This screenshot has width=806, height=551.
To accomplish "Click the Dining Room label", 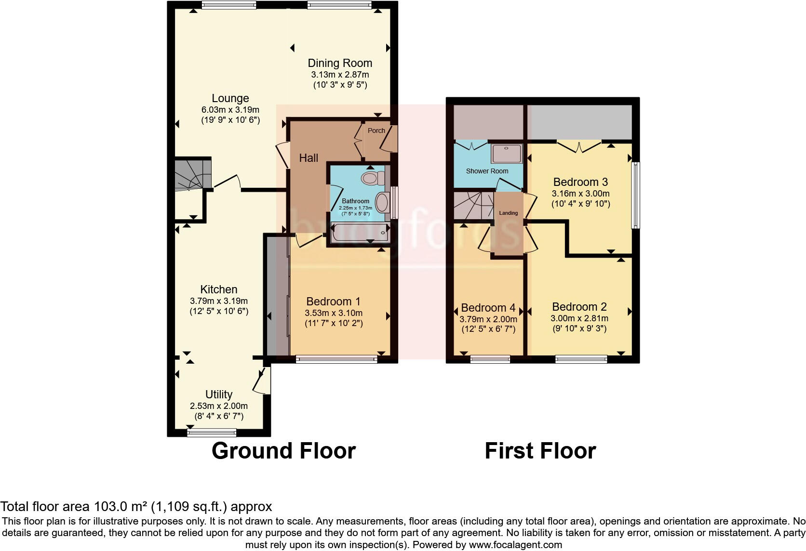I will [x=340, y=63].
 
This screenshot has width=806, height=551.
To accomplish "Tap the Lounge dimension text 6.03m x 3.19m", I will [x=230, y=110].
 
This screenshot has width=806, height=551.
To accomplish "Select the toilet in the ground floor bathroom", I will [x=371, y=178].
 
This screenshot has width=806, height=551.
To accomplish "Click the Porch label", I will [x=376, y=131].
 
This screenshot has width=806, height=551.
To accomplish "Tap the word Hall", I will [x=309, y=158].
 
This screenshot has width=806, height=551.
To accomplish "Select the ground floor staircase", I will [x=192, y=174].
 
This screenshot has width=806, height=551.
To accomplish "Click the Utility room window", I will [x=212, y=433].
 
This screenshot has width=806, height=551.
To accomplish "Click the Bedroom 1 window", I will [x=336, y=359].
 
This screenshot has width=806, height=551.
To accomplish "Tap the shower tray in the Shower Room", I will [x=506, y=154].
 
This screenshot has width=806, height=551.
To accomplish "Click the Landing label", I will [x=508, y=213].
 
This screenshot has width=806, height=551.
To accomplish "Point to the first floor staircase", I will [x=473, y=205].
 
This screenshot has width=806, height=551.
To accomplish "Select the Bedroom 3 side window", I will [x=636, y=195].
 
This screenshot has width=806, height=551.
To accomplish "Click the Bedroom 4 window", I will [x=490, y=359].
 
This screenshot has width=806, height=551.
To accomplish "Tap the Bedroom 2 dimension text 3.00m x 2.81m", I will [x=579, y=318].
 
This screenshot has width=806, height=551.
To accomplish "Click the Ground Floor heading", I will [x=283, y=451].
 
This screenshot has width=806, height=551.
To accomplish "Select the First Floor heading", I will [x=540, y=451].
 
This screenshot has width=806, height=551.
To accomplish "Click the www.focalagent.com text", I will [x=515, y=545].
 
